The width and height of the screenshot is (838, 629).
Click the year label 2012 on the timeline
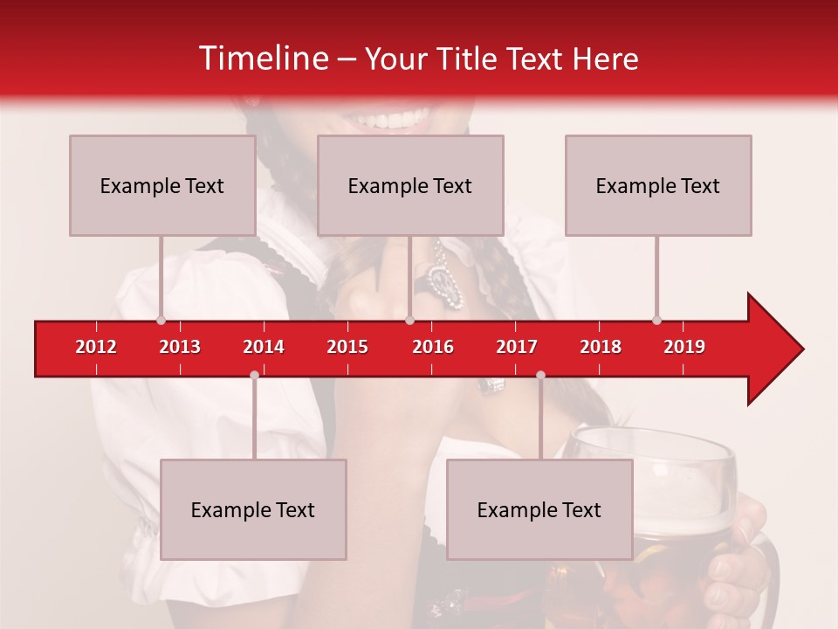tap(96, 347)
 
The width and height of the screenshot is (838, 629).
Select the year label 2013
tap(180, 347)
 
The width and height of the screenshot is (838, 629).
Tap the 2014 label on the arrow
tap(264, 347)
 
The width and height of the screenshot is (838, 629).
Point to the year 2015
tap(347, 347)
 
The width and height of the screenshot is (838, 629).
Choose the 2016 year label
tap(433, 347)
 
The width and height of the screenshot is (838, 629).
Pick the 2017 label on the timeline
tap(517, 347)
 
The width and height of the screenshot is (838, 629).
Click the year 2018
tap(601, 347)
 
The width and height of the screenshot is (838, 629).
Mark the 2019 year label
tap(684, 347)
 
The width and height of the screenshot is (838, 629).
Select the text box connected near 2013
tap(162, 185)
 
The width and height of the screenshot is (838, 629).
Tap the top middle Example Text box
tap(410, 185)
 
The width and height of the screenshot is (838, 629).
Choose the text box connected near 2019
tap(658, 185)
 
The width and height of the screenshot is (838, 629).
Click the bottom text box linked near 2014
tap(253, 509)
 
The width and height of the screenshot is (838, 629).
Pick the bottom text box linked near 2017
tap(539, 509)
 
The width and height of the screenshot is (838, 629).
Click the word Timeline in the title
tap(262, 59)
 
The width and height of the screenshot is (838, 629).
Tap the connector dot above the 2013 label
tap(161, 320)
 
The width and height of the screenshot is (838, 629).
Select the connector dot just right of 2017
tap(540, 375)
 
